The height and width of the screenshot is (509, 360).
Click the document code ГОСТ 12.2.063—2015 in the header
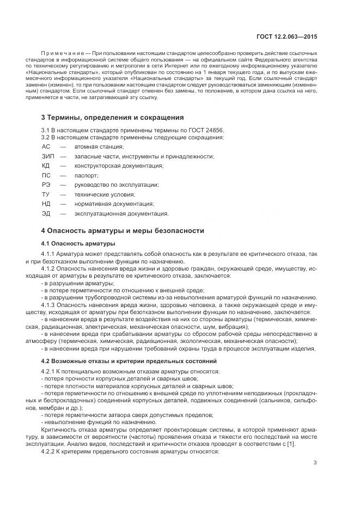(x=286, y=36)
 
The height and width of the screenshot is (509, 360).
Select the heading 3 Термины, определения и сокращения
(x=113, y=117)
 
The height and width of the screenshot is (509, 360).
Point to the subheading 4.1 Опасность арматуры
(x=78, y=243)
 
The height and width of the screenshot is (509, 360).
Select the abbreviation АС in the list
(x=46, y=147)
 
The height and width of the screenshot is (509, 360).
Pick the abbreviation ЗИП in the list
(x=48, y=156)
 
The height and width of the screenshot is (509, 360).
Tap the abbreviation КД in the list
(x=46, y=165)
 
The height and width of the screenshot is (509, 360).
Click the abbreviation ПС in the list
(x=46, y=175)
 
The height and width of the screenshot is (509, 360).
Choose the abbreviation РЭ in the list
(x=46, y=185)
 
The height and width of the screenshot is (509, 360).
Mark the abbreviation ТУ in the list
(x=46, y=194)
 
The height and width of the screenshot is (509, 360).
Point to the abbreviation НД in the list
(x=46, y=204)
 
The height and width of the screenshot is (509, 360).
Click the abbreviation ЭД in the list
(x=46, y=213)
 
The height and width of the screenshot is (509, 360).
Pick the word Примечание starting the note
(x=59, y=53)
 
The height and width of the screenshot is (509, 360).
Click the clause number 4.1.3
(x=49, y=305)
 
